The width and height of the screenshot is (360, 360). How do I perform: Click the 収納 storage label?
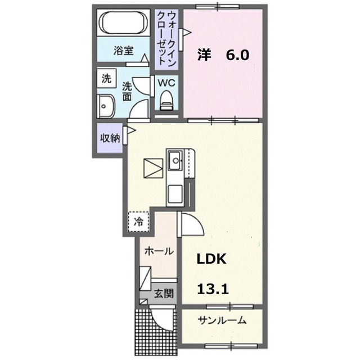110,138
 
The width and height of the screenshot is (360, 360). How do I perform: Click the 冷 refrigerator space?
138,220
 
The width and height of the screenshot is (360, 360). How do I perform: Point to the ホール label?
159,251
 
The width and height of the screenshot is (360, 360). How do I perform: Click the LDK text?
211,259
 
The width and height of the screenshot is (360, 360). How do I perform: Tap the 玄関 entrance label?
164,293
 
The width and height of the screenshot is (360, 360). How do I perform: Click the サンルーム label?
222,321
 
